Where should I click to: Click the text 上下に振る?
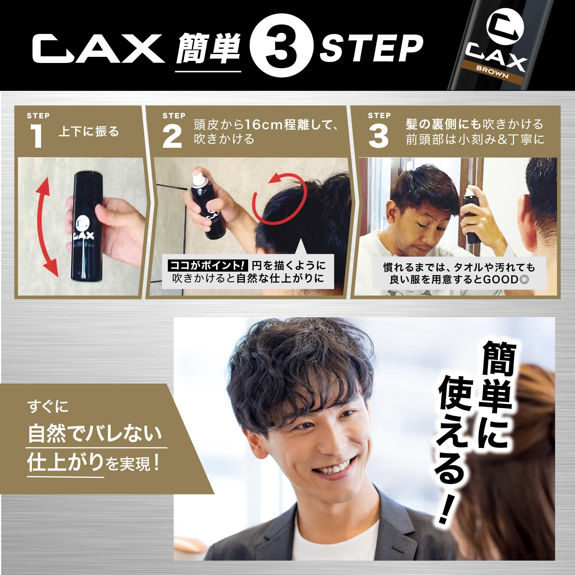click(89, 132)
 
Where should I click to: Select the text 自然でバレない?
click(95, 434)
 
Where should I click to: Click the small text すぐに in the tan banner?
click(48, 406)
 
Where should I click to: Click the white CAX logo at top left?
click(98, 49)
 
